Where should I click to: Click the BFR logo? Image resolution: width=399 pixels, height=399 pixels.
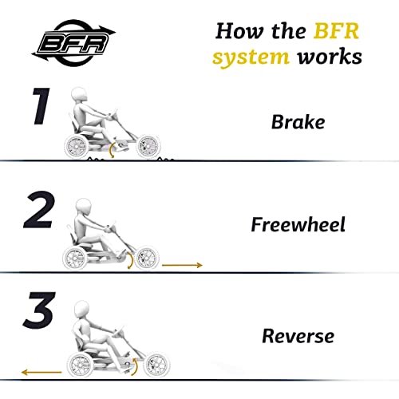point(73,42)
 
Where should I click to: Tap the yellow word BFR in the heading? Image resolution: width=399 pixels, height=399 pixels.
point(336,31)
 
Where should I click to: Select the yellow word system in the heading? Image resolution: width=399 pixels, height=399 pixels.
point(251,57)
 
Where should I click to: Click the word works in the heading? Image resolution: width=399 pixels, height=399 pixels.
point(330,57)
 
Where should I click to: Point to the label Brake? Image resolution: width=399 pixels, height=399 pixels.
point(298,122)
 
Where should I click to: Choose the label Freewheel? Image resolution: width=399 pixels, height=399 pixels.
point(298,224)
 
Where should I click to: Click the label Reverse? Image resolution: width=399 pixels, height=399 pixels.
point(298,336)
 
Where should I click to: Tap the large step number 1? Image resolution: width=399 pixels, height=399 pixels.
point(41,106)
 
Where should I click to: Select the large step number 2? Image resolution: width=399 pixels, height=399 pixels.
point(39,209)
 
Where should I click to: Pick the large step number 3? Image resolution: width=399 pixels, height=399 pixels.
point(39,310)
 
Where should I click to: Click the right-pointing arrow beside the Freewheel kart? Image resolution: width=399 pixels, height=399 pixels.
point(182,265)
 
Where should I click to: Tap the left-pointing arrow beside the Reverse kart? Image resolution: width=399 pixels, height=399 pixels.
point(41,372)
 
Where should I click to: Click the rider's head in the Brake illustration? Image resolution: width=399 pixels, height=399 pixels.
point(80,95)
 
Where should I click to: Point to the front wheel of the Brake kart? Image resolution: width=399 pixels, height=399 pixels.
point(148,146)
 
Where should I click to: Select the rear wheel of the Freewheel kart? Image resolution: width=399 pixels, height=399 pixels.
point(75,258)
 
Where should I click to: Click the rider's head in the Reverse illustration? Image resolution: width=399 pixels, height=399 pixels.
point(81,309)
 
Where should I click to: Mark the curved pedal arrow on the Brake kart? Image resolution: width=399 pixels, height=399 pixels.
point(113,150)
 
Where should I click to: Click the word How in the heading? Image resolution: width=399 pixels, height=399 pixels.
point(239,31)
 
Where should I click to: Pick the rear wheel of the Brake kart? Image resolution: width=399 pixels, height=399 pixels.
point(77,146)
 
